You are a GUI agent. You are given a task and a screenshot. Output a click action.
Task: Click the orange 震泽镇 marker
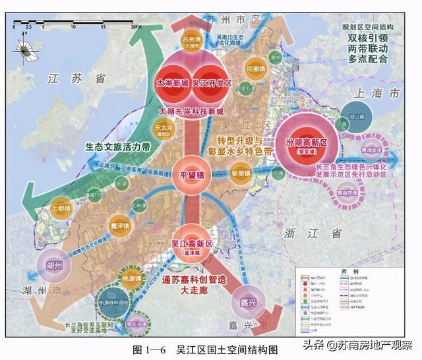pos(119,225)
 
